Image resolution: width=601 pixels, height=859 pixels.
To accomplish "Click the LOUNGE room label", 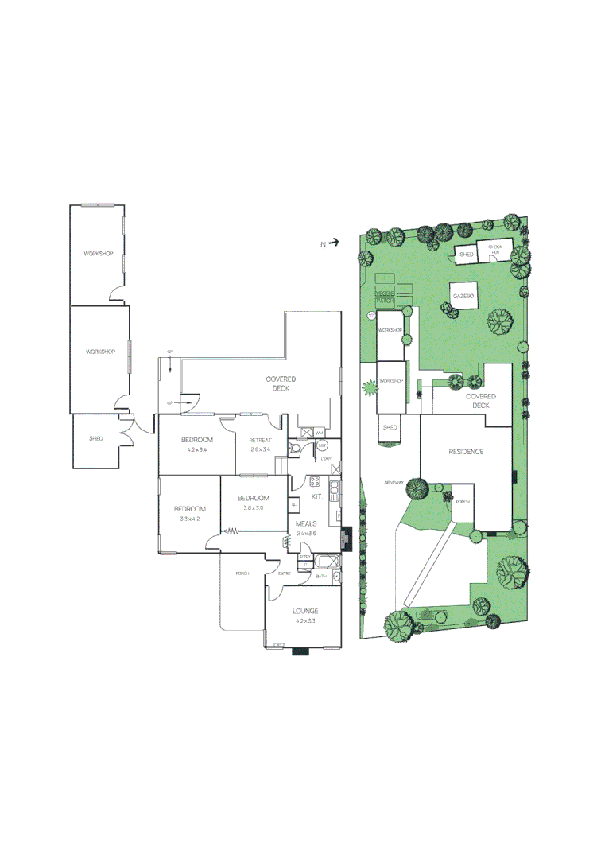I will [x=306, y=611].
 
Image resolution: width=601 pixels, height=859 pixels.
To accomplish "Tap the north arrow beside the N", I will [x=335, y=243].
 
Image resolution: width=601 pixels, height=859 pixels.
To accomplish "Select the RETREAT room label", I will [x=261, y=441].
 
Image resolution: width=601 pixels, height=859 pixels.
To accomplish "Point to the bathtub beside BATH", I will [x=333, y=576].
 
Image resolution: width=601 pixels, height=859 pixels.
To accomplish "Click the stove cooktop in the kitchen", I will [x=314, y=482].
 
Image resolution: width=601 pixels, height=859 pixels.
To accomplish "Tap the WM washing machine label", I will [x=319, y=433].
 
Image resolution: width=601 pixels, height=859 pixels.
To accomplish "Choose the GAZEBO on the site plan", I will [x=463, y=296].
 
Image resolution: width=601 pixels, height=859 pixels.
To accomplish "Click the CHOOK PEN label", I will [x=495, y=250].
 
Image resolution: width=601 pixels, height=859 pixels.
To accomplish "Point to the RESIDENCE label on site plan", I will [x=466, y=452].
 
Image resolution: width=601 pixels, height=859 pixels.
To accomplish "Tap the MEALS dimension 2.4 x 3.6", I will [x=306, y=533].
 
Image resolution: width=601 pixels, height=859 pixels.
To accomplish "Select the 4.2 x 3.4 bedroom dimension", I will [x=196, y=450].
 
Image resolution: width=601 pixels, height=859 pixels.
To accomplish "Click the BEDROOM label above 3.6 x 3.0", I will [x=254, y=498].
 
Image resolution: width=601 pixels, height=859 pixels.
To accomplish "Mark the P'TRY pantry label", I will [x=305, y=557].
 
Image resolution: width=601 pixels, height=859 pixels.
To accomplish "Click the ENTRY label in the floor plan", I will [x=284, y=573].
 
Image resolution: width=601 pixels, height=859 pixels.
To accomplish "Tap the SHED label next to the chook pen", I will [x=467, y=254].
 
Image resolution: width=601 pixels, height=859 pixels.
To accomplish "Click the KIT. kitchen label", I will [x=317, y=497].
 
